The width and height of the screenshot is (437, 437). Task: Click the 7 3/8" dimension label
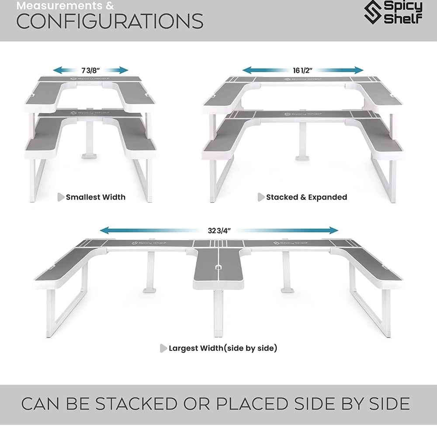click(x=90, y=70)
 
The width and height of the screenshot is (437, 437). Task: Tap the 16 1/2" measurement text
click(x=303, y=70)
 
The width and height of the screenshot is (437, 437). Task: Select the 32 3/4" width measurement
click(x=219, y=231)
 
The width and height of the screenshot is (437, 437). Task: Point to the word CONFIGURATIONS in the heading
click(x=110, y=21)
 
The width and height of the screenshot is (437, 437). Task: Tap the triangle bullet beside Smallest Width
click(x=61, y=197)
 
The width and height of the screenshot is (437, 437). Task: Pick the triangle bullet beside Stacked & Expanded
click(x=261, y=197)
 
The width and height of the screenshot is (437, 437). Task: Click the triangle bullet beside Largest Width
click(x=163, y=348)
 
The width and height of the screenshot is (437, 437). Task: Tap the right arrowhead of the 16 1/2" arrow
click(x=359, y=70)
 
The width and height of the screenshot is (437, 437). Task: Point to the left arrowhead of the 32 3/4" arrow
click(x=105, y=230)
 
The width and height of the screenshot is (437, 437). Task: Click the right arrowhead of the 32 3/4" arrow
click(x=333, y=230)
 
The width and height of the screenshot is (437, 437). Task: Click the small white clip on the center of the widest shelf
click(x=218, y=267)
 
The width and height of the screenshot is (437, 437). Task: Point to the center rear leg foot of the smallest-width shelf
click(x=90, y=155)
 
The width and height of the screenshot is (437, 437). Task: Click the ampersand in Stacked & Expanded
click(x=303, y=198)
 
